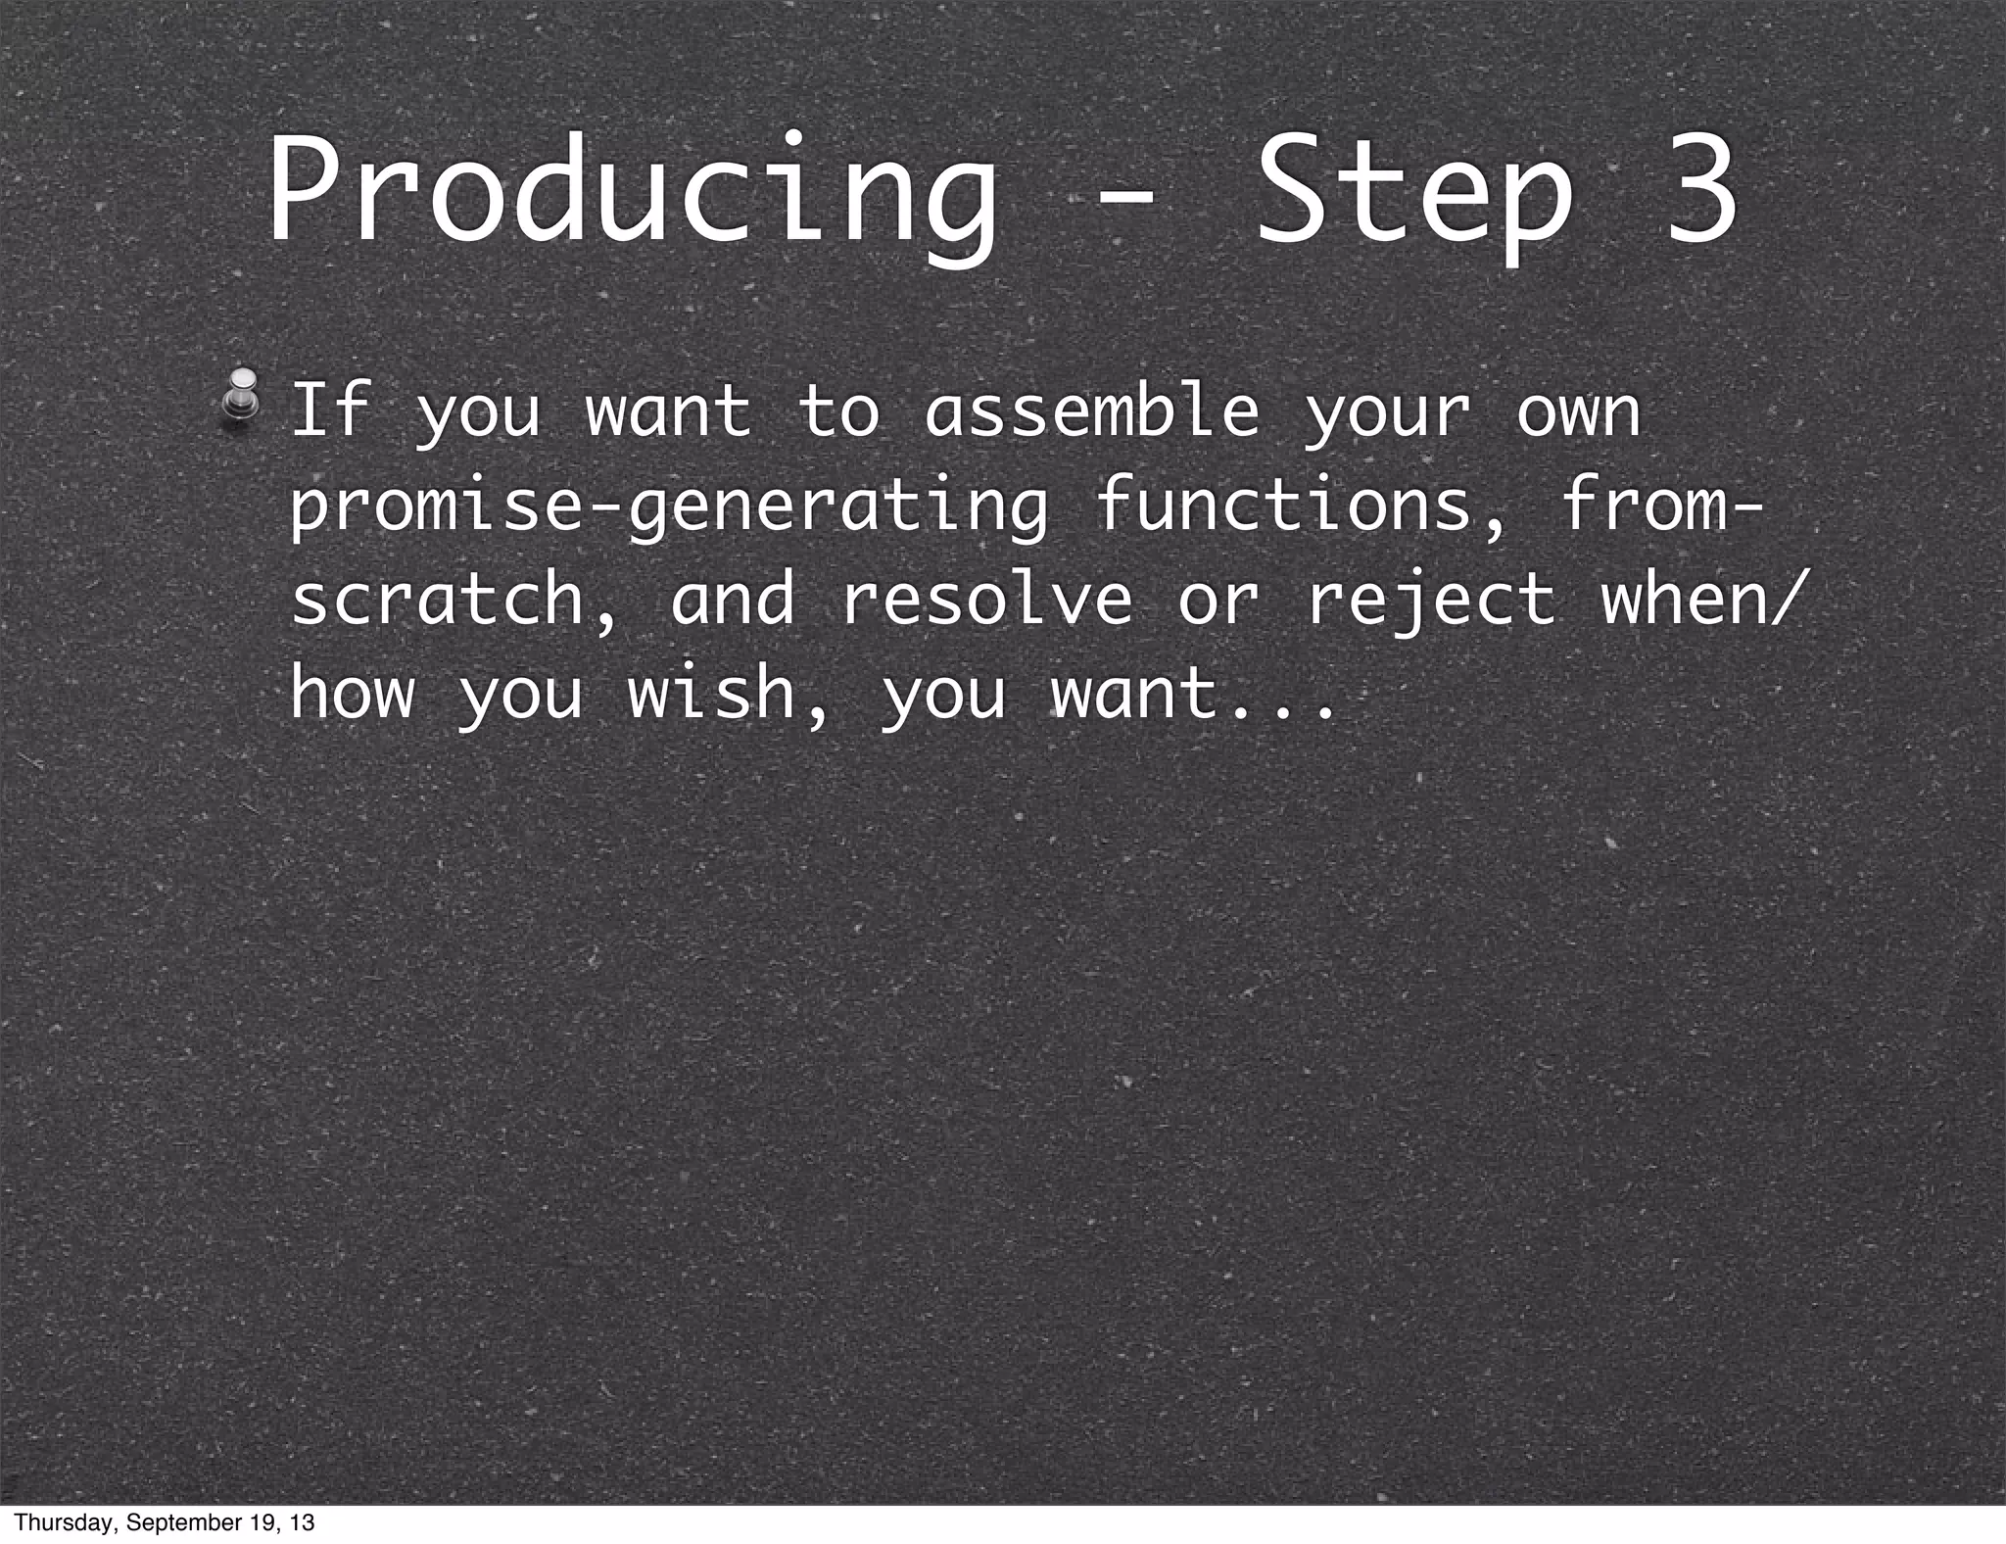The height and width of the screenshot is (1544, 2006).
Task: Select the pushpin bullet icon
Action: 240,398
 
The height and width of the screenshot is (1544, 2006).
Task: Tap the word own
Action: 1578,411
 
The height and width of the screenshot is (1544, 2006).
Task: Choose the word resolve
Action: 985,599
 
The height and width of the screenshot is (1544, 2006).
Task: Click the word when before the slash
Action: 1684,599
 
